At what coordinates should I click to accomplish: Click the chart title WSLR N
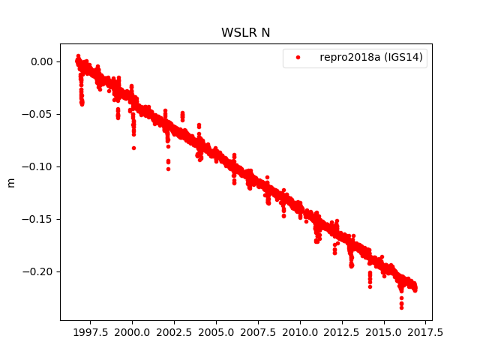(245, 33)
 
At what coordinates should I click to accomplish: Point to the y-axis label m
(10, 182)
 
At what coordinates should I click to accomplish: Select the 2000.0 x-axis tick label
(132, 331)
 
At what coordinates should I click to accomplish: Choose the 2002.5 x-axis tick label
(174, 331)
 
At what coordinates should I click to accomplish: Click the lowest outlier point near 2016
(401, 307)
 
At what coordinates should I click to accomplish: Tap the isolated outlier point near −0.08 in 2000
(133, 148)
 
